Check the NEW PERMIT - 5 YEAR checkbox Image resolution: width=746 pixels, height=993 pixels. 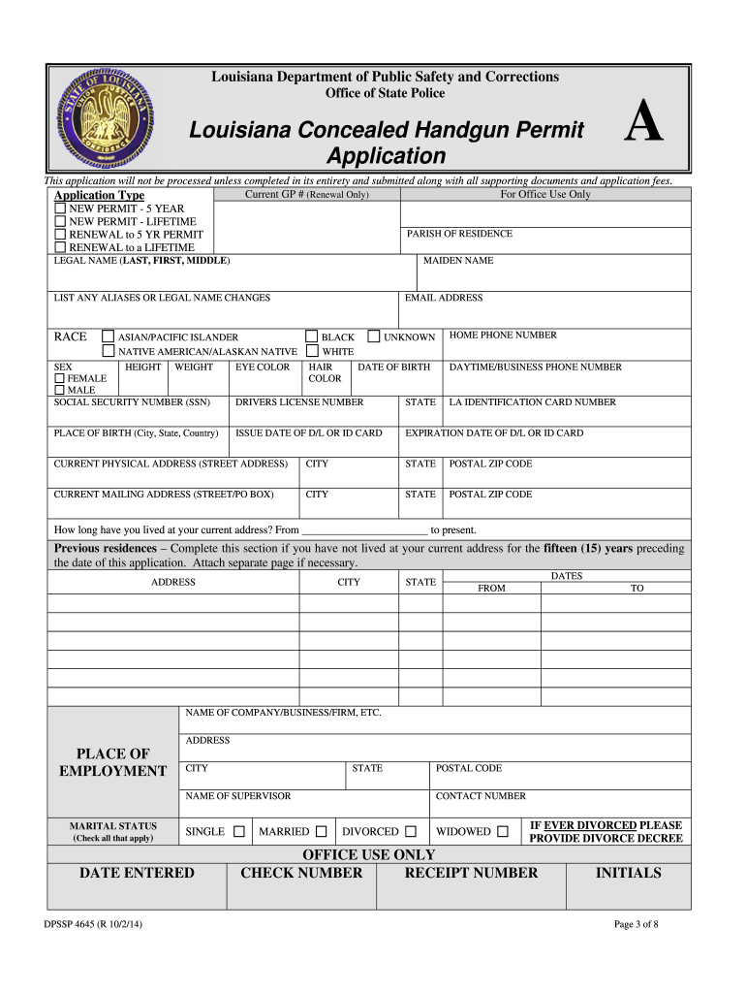60,208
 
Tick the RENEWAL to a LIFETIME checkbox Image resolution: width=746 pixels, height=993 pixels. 60,247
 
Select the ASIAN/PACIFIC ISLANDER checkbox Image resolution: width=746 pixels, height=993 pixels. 109,337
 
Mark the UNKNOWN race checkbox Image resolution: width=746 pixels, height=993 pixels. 374,337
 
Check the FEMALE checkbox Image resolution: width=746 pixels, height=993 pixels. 60,378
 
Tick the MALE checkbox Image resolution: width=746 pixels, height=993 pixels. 60,390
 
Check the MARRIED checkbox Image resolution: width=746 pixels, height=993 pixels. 321,831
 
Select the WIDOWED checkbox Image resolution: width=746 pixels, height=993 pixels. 503,831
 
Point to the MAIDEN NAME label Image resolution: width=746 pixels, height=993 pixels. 458,261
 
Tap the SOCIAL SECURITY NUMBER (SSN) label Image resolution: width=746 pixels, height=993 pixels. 132,402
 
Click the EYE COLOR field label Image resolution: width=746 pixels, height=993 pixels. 263,368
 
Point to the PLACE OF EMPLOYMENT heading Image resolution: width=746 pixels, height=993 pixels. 112,762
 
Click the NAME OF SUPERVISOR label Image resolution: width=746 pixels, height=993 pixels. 237,796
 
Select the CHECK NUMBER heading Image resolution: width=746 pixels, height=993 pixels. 301,873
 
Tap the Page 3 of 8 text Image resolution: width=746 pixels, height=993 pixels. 637,924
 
